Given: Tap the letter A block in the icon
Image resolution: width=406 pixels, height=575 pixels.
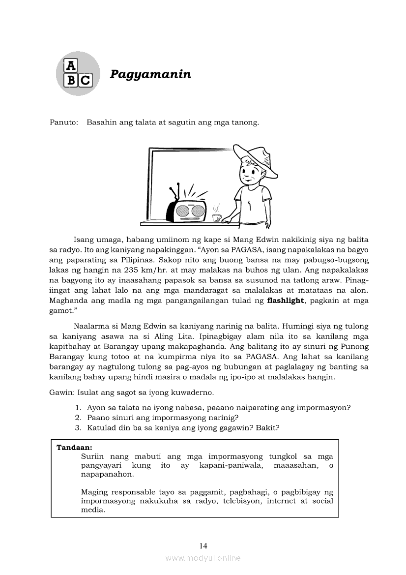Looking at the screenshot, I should tap(71, 65).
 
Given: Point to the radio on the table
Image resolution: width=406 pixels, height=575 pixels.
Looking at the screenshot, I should tap(186, 209).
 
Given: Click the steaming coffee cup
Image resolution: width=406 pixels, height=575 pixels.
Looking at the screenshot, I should tap(216, 216).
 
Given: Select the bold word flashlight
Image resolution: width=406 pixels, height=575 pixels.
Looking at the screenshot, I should tap(285, 301).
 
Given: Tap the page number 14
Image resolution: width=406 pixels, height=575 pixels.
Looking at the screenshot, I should tap(203, 545).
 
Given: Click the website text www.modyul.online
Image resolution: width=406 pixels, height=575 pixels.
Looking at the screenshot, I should tap(203, 558).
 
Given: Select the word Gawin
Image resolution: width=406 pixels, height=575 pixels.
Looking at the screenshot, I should tap(60, 393).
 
